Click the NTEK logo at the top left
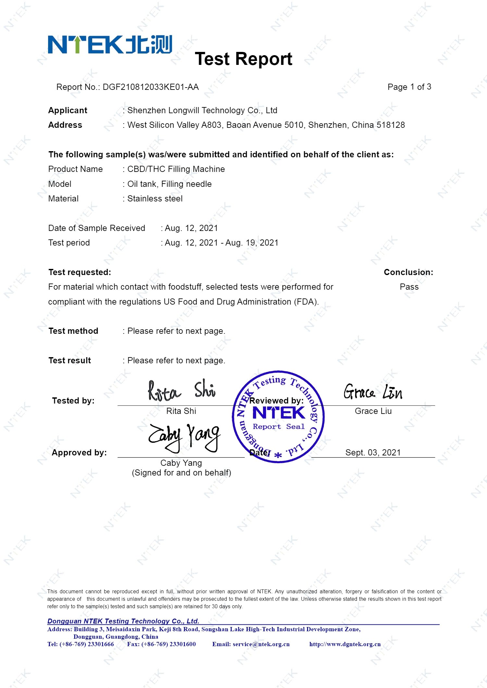(x=110, y=44)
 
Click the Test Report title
(x=243, y=59)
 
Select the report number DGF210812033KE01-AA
(x=151, y=87)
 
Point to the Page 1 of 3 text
(x=409, y=87)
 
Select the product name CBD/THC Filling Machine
(x=176, y=169)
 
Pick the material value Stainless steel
(x=155, y=199)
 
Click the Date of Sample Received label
(x=96, y=228)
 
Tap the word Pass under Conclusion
(x=409, y=287)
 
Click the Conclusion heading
(x=408, y=272)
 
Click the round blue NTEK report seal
(x=278, y=416)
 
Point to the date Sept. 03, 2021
(x=373, y=453)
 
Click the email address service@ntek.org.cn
(x=251, y=644)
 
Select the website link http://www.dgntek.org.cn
(x=345, y=644)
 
